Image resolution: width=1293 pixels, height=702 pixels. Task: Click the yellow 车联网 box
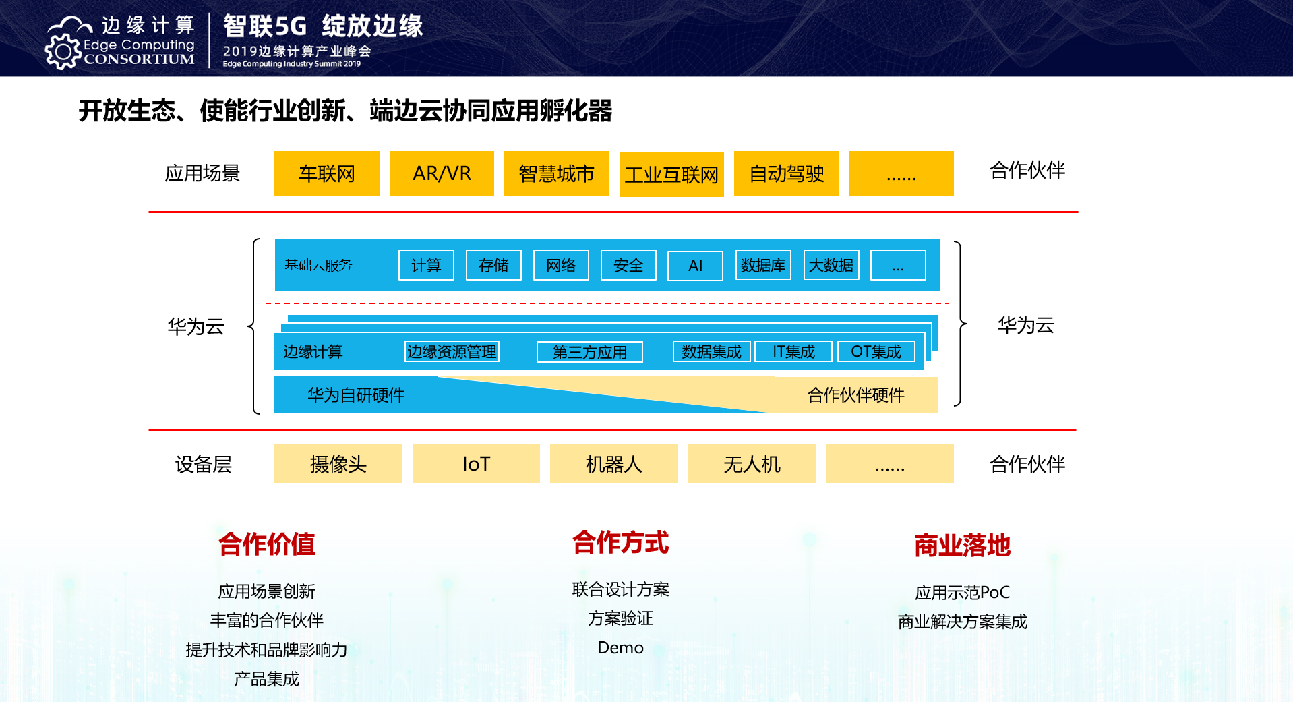pyautogui.click(x=326, y=173)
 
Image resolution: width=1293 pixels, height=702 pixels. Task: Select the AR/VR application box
pyautogui.click(x=442, y=173)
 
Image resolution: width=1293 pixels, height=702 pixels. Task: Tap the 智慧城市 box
pyautogui.click(x=556, y=173)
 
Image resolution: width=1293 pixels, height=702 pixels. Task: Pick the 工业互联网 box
pyautogui.click(x=671, y=175)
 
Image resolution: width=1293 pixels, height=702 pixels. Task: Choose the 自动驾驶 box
pyautogui.click(x=786, y=173)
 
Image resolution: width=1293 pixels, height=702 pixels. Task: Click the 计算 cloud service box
pyautogui.click(x=426, y=265)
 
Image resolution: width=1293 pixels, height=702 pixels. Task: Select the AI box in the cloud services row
pyautogui.click(x=695, y=266)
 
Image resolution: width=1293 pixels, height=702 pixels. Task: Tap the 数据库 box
pyautogui.click(x=763, y=265)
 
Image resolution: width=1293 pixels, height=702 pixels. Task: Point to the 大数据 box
pyautogui.click(x=831, y=265)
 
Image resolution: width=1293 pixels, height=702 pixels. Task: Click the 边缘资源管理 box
pyautogui.click(x=452, y=351)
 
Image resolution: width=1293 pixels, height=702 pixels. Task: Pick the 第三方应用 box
pyautogui.click(x=590, y=352)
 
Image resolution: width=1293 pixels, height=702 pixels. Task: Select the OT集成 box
pyautogui.click(x=876, y=351)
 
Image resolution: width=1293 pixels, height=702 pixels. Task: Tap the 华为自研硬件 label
pyautogui.click(x=356, y=395)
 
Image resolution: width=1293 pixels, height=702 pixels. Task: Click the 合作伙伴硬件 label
pyautogui.click(x=855, y=395)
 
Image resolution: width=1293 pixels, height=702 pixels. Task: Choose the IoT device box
pyautogui.click(x=476, y=464)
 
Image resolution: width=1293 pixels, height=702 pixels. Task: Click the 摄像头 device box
pyautogui.click(x=338, y=464)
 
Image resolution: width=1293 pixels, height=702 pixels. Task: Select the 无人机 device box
pyautogui.click(x=752, y=464)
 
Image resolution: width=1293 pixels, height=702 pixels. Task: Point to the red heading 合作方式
pyautogui.click(x=620, y=543)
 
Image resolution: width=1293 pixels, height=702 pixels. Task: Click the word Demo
pyautogui.click(x=620, y=648)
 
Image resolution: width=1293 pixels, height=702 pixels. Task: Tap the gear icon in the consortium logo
pyautogui.click(x=63, y=52)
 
